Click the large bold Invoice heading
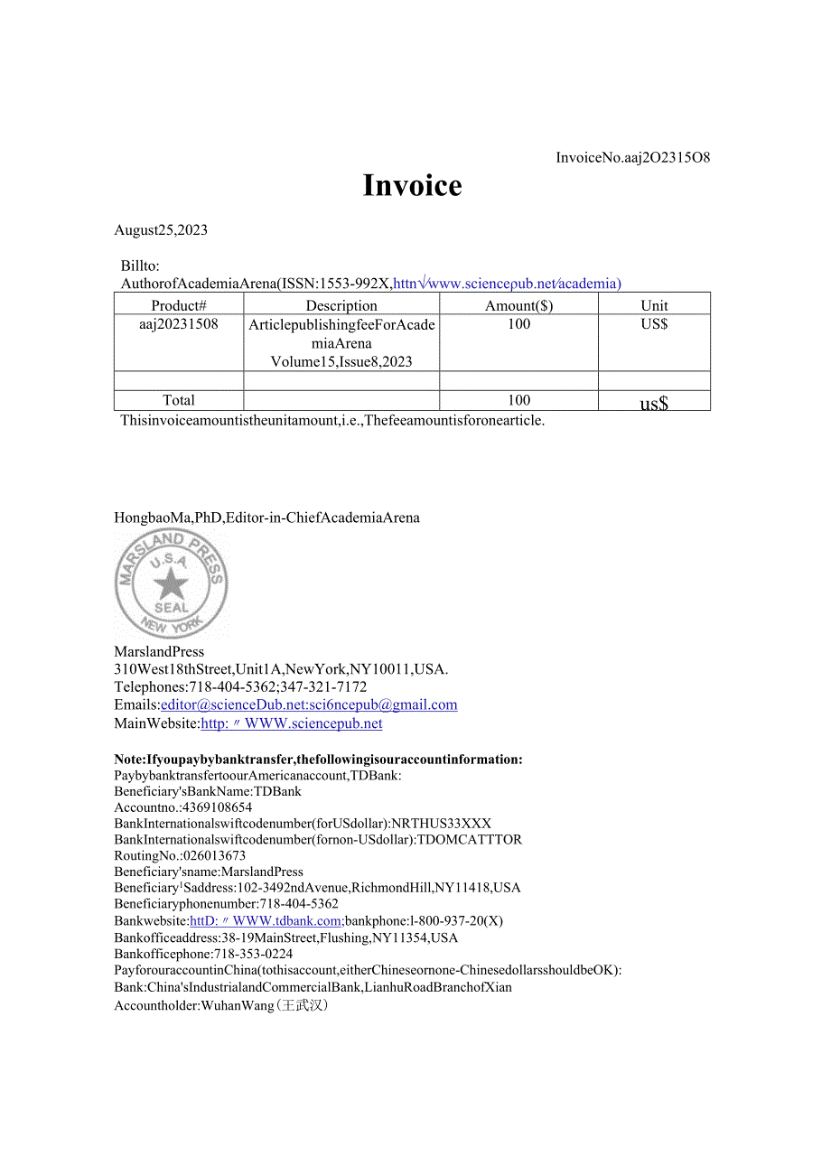click(412, 185)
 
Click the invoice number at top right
click(632, 157)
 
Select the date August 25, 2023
click(161, 229)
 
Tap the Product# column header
click(179, 305)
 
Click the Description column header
click(341, 305)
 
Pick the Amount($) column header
click(518, 305)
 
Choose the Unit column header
click(654, 305)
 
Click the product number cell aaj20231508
click(179, 324)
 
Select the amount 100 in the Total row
click(518, 400)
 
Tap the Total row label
click(179, 400)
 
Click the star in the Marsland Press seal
click(171, 585)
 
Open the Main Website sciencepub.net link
click(292, 723)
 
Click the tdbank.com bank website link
click(266, 920)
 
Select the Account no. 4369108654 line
click(183, 807)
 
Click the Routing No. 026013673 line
click(180, 855)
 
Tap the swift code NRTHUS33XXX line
click(303, 824)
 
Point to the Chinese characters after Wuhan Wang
click(303, 1004)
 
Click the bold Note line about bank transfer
click(318, 760)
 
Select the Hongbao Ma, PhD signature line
click(266, 518)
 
